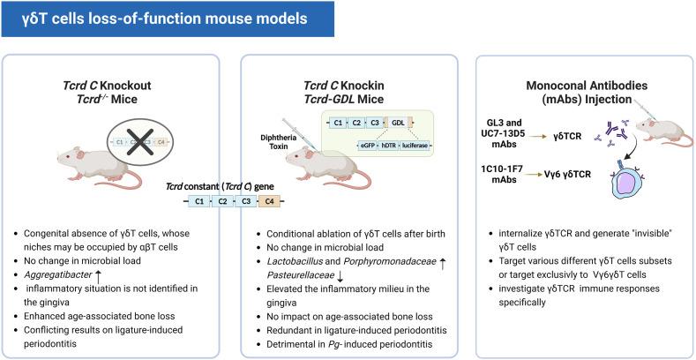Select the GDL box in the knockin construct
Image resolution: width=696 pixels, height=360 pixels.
[399, 121]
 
